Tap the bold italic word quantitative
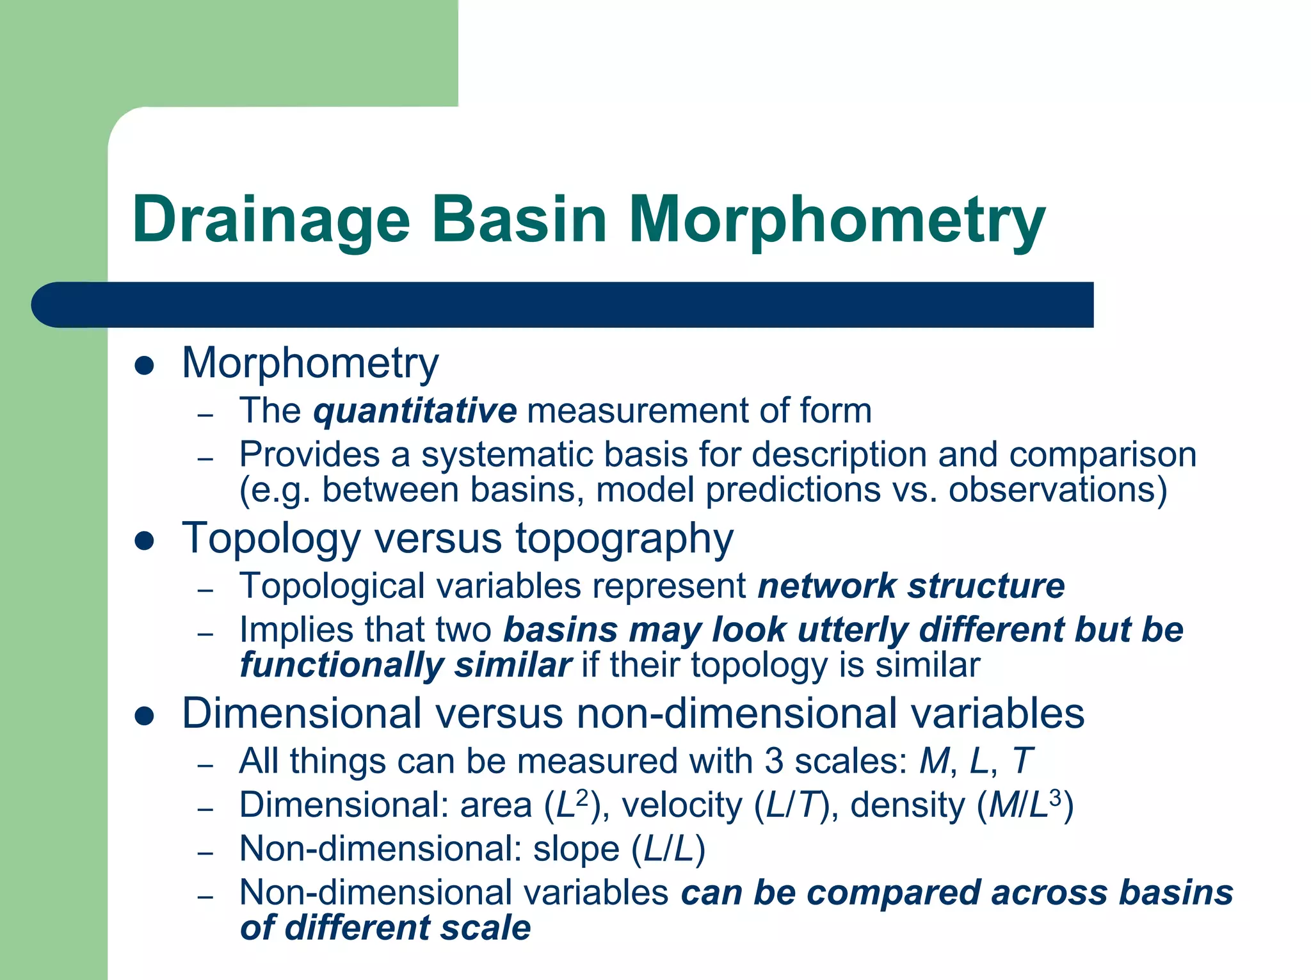tap(415, 411)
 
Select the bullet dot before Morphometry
tap(145, 366)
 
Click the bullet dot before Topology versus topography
tap(145, 542)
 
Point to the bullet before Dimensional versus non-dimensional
tap(145, 716)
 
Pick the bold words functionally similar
tap(405, 666)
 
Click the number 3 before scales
tap(773, 762)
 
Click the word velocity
tap(681, 805)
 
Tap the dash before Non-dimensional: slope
tap(205, 854)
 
